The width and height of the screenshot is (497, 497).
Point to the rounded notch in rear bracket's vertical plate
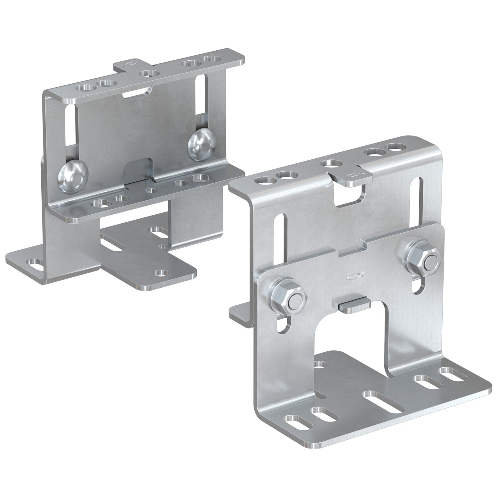coord(139,171)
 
